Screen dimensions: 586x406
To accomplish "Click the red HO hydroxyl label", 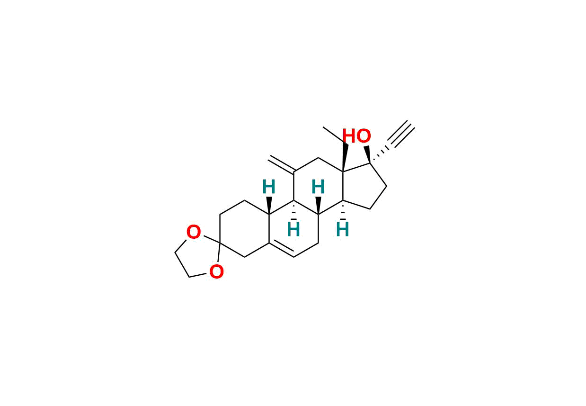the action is pos(356,136).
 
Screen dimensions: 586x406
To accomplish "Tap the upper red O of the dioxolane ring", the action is pos(194,232).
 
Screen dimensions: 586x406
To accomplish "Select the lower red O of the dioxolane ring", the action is pos(217,271).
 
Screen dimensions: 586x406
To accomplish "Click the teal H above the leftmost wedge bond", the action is pos(269,187).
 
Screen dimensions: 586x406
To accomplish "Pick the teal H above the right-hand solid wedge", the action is pos(318,187).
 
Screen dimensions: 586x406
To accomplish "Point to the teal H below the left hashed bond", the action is pos(293,229).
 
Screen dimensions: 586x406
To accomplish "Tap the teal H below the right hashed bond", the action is pos(343,229).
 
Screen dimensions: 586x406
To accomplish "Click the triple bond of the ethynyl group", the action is pos(401,134).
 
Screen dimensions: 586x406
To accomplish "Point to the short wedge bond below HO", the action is pos(367,155).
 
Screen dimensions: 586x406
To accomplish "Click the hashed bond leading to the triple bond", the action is pos(380,155).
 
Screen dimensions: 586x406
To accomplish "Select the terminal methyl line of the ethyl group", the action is pos(334,135).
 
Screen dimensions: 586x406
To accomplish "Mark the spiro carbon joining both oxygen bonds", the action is pos(220,244).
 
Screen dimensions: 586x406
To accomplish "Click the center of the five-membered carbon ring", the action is pos(363,186).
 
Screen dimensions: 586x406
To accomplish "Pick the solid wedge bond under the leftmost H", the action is pos(269,206).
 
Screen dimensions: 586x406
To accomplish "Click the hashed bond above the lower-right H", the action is pos(343,210).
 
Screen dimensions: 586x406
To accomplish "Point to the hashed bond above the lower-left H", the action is pos(294,210).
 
